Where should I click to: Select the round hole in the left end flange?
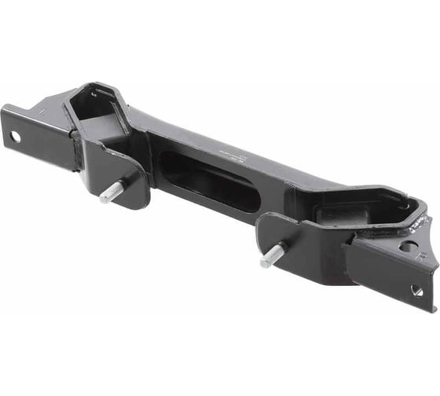click(x=15, y=137)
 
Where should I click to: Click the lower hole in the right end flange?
click(x=416, y=291)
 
